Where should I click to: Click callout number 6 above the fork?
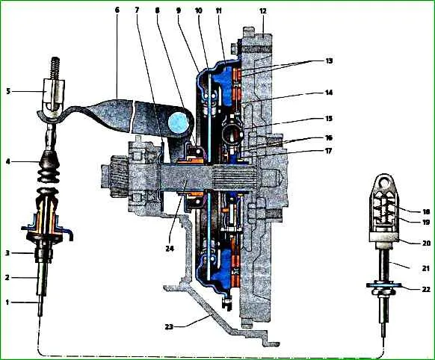click(x=117, y=10)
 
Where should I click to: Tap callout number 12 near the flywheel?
click(x=263, y=11)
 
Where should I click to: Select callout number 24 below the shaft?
click(x=170, y=249)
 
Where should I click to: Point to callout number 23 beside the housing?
click(x=169, y=326)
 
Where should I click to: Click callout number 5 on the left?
click(x=8, y=91)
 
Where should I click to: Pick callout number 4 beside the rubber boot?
click(x=8, y=161)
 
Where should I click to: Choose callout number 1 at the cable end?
click(x=7, y=302)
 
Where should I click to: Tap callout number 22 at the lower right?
click(x=426, y=289)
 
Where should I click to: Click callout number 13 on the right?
click(x=329, y=60)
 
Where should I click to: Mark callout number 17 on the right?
click(x=328, y=152)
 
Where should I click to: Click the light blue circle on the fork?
click(x=177, y=122)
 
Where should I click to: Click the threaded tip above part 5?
click(x=56, y=68)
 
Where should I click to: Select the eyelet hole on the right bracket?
click(x=384, y=181)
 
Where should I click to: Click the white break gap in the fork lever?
click(x=132, y=116)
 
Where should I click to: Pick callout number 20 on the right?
click(x=426, y=243)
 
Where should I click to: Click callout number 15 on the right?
click(x=328, y=118)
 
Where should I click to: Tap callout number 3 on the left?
click(x=8, y=252)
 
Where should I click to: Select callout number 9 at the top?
click(x=179, y=10)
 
